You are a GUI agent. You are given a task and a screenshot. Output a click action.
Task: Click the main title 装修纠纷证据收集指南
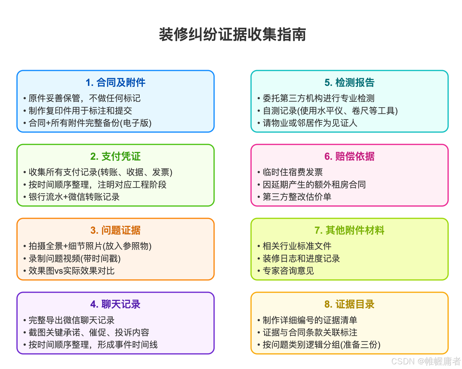232,35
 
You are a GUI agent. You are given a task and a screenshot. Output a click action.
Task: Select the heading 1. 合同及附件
115,82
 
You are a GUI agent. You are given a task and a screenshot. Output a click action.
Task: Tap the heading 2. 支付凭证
115,156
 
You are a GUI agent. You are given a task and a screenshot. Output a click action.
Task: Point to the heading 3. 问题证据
115,230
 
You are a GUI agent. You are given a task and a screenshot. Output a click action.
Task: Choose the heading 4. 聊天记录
115,304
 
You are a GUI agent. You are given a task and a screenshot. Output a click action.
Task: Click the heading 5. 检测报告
349,82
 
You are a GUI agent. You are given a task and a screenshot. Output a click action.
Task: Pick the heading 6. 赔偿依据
349,156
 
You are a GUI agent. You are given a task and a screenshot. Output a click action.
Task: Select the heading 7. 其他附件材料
349,230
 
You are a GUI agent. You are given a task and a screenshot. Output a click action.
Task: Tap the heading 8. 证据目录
349,304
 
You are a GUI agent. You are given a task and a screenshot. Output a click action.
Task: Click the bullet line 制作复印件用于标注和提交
80,111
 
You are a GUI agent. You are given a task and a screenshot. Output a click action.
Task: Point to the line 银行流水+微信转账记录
74,197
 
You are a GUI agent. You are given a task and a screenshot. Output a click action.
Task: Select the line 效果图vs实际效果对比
71,271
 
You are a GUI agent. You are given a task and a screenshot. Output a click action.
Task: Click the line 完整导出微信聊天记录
71,320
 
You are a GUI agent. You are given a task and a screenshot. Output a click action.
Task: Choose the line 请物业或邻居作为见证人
310,123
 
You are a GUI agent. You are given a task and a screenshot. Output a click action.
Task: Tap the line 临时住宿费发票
293,172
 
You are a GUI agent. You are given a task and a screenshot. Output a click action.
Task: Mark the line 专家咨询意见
288,271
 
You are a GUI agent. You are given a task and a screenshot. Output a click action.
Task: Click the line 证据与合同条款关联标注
310,332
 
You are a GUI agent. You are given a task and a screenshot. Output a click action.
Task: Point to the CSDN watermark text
426,361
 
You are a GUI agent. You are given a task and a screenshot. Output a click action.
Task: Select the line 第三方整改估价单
297,197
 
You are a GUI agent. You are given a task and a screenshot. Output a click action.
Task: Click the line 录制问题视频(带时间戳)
74,258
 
